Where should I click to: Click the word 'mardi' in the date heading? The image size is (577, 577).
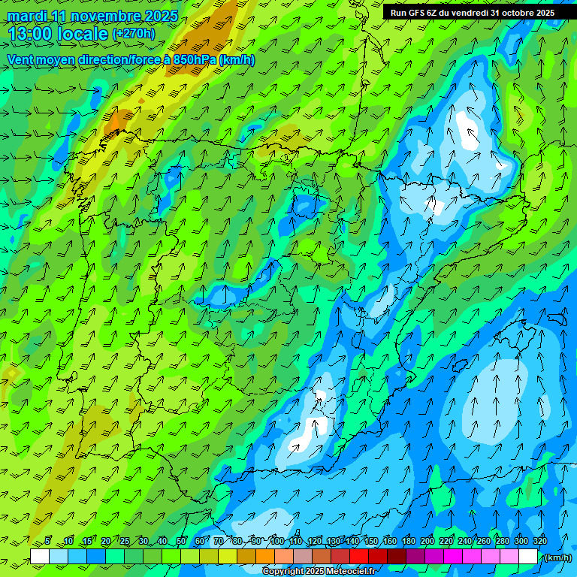[x=28, y=16]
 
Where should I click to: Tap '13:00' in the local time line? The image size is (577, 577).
[x=29, y=34]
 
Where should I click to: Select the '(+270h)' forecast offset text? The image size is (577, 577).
[x=134, y=34]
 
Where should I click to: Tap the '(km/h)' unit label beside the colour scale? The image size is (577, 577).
[x=557, y=557]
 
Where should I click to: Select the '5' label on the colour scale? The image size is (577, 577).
[x=47, y=541]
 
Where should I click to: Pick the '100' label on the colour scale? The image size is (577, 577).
[x=277, y=541]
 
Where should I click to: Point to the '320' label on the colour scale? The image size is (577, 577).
[x=540, y=541]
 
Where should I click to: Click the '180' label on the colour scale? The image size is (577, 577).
[x=409, y=541]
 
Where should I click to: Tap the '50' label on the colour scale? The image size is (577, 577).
[x=181, y=541]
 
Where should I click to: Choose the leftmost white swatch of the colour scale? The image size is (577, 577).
[x=40, y=557]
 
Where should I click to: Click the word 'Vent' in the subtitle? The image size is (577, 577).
[x=22, y=59]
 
